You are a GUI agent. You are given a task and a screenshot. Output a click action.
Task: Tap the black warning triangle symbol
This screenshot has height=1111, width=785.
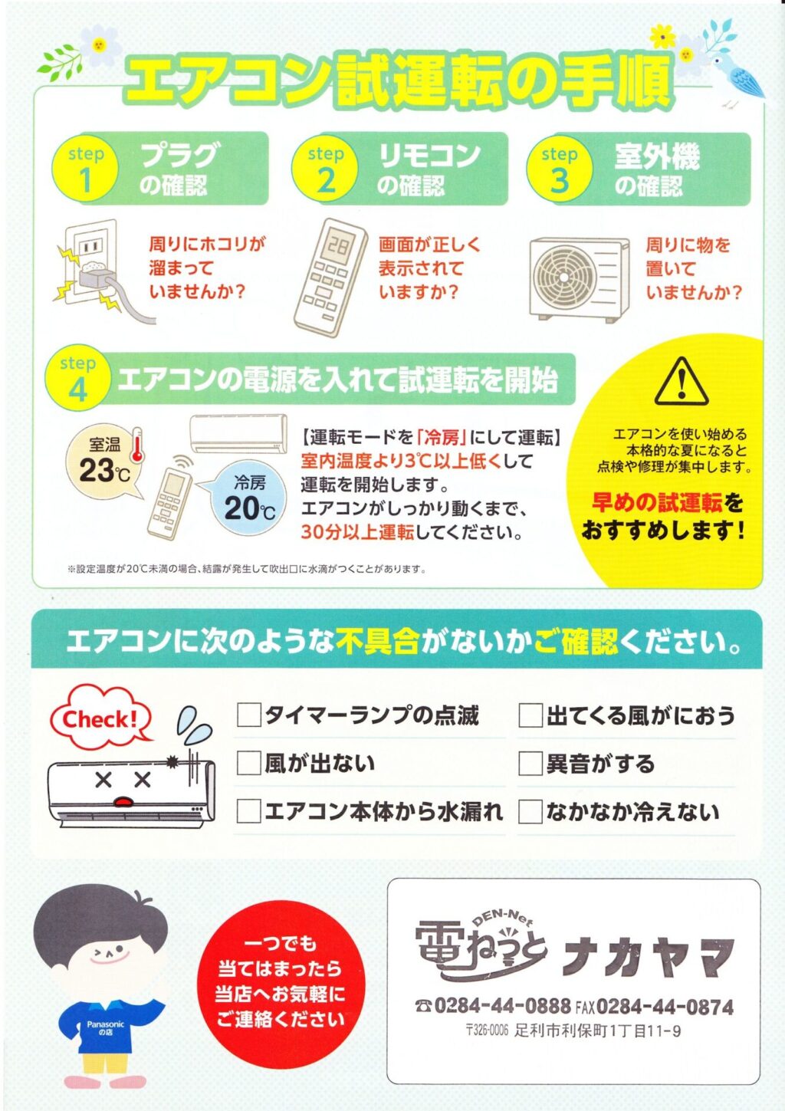(681, 381)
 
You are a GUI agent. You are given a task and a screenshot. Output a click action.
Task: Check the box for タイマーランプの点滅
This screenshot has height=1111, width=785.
(248, 715)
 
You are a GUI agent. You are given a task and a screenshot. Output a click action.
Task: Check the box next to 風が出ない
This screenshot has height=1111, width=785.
(248, 763)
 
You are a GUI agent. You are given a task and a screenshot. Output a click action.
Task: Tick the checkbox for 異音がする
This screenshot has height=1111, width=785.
(530, 764)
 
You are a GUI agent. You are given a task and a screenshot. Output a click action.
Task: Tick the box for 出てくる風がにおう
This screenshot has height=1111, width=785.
(530, 715)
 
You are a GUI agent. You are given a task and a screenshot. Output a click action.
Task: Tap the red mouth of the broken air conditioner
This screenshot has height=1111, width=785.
(123, 801)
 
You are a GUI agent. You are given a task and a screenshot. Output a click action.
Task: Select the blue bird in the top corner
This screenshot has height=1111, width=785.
(736, 75)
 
